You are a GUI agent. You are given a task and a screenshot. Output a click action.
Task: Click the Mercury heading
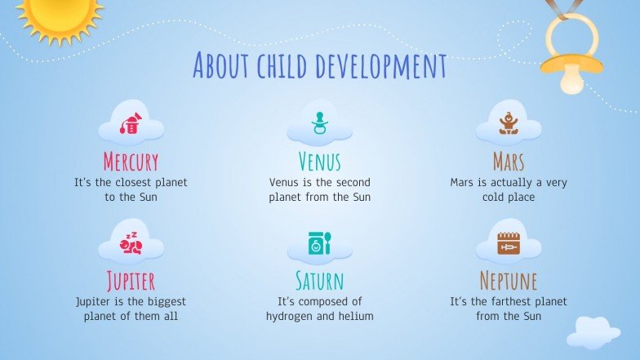tap(131, 161)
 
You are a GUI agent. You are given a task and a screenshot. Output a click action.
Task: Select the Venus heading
tap(319, 161)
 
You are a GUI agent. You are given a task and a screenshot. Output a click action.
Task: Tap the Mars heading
tap(508, 161)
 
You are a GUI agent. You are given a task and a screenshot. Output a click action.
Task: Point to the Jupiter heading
tap(131, 281)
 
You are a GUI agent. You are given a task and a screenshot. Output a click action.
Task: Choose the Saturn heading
tap(319, 281)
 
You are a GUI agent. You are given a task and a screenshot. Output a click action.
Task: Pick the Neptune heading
tap(508, 281)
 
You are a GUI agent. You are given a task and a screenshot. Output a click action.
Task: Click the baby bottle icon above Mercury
tap(131, 122)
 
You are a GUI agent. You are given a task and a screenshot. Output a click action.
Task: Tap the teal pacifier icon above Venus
tap(319, 123)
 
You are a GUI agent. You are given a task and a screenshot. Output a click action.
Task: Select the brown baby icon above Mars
tap(509, 122)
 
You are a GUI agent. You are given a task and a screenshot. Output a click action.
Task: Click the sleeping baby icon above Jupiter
tap(131, 243)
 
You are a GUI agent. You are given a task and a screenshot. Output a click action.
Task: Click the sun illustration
tap(59, 15)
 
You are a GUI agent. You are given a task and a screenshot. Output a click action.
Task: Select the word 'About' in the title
tap(223, 64)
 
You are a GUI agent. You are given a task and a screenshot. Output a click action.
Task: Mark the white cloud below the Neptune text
tap(593, 331)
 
